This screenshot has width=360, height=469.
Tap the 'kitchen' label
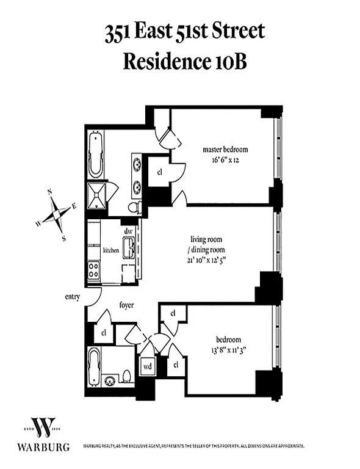110,250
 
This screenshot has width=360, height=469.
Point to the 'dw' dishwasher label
129,231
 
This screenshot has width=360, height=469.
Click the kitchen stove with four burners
93,270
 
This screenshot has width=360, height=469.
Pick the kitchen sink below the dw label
129,247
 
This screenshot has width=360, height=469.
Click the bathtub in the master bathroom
96,155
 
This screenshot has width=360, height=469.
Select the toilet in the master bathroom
135,208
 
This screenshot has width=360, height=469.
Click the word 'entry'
73,297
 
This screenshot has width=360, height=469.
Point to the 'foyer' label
126,305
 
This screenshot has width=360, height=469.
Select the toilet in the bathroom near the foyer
127,374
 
